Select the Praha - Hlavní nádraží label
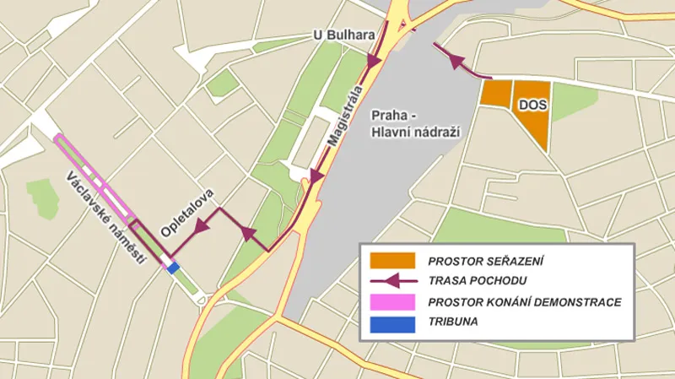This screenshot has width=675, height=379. pyautogui.click(x=408, y=123)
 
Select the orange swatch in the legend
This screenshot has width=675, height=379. pyautogui.click(x=392, y=260)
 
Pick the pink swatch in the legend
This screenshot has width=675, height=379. pyautogui.click(x=392, y=301)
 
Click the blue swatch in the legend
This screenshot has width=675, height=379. pyautogui.click(x=392, y=322)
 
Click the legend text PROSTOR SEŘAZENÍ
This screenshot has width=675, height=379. pyautogui.click(x=485, y=261)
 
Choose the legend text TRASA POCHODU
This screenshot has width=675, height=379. pyautogui.click(x=478, y=281)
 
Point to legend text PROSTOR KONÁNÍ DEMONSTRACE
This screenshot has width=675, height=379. pyautogui.click(x=525, y=301)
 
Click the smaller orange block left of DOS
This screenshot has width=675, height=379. pyautogui.click(x=494, y=93)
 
